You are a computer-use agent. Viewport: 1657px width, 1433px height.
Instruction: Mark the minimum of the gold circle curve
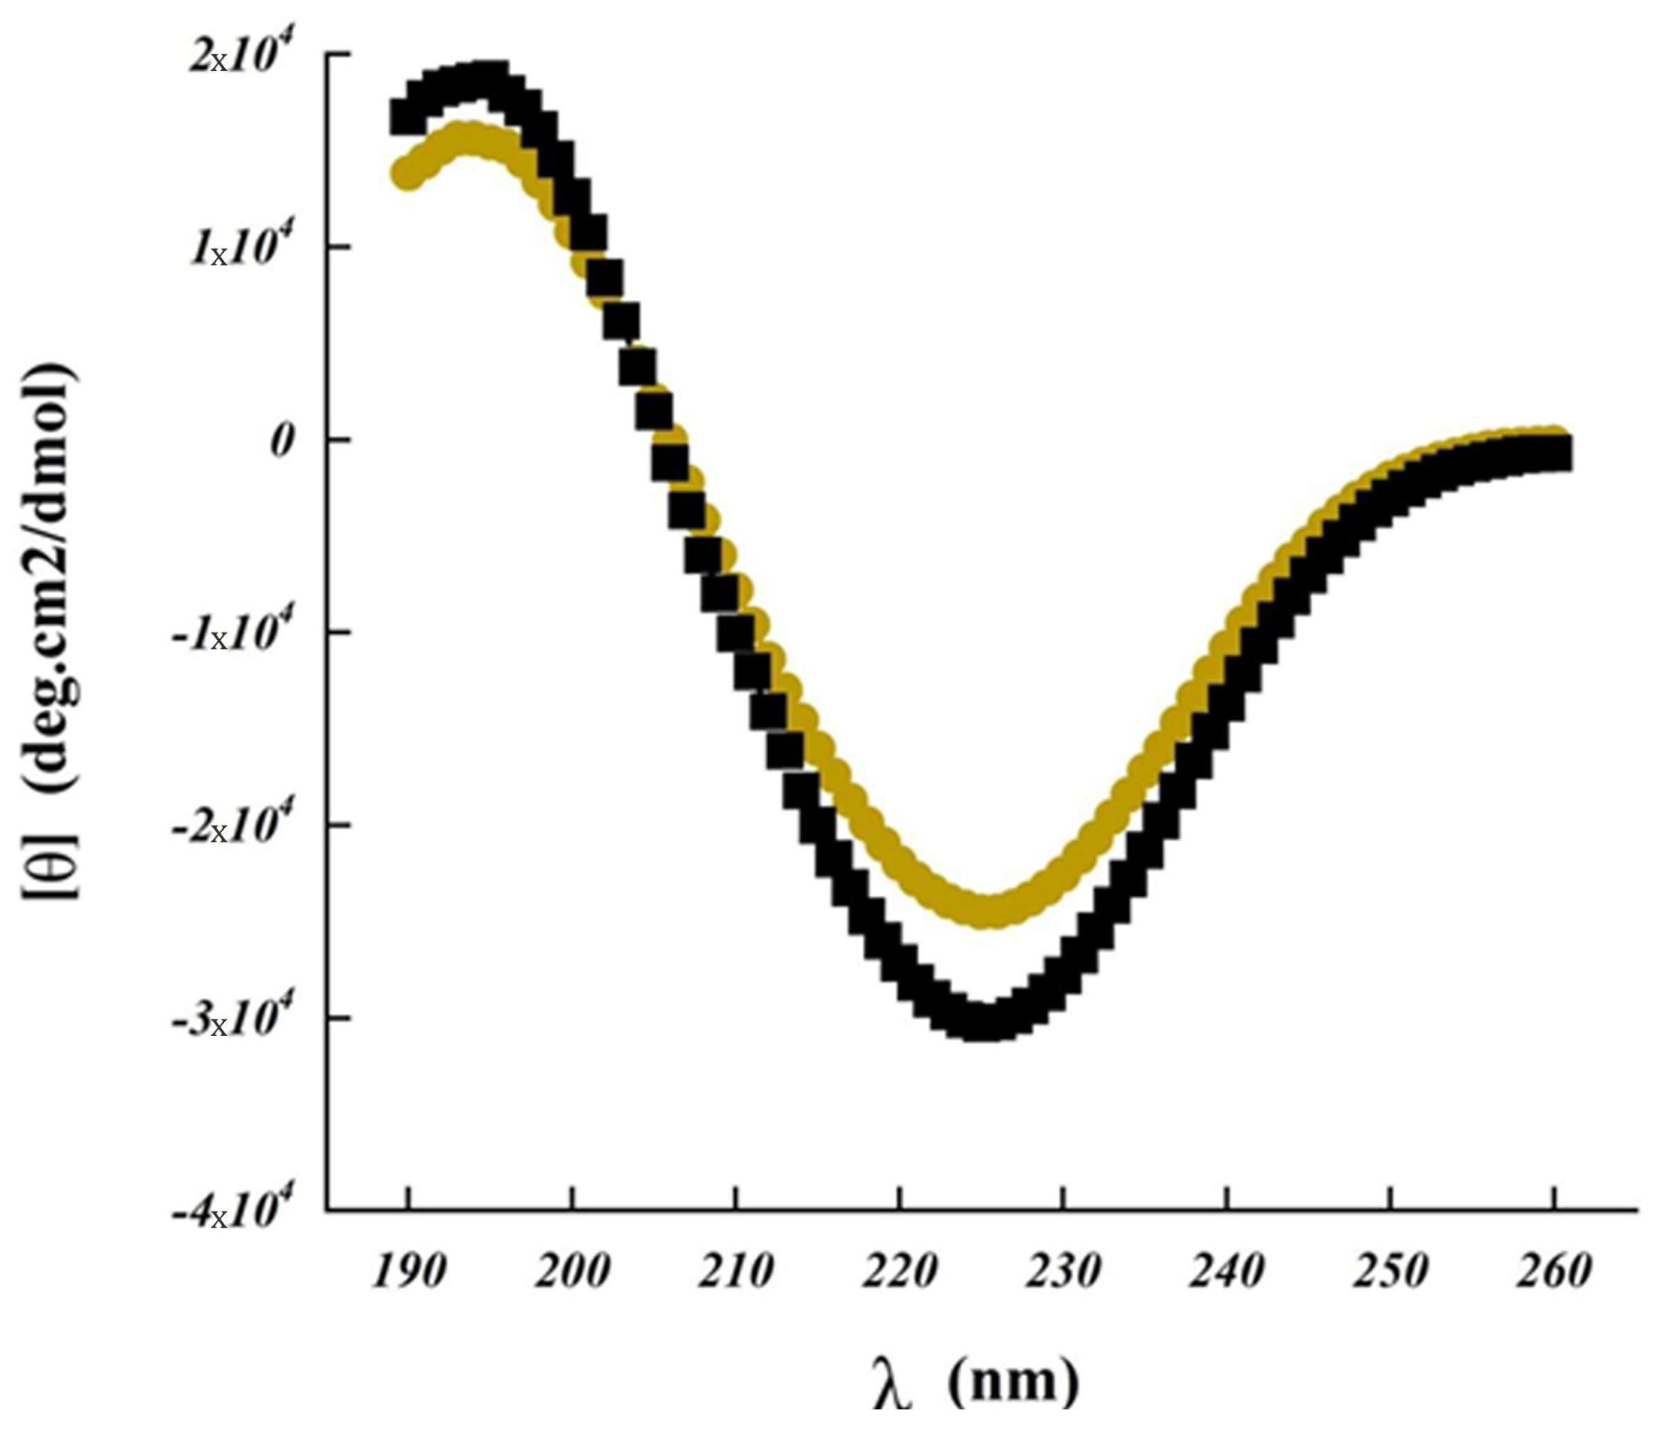(989, 909)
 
